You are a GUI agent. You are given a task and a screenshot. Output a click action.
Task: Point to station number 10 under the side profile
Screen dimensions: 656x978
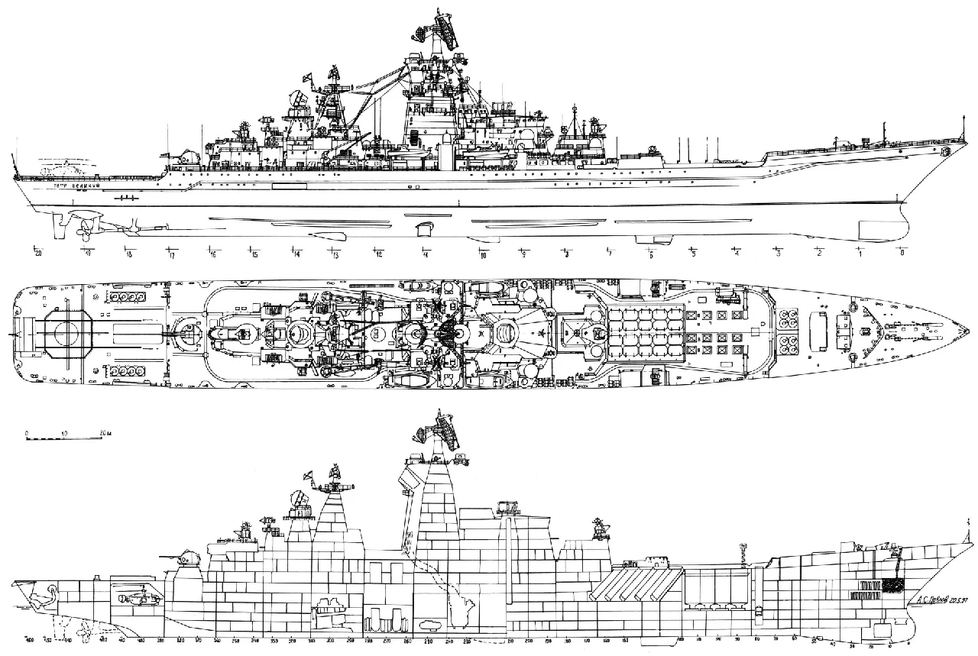click(x=482, y=254)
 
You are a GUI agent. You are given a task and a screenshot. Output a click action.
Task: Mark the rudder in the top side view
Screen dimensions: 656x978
click(x=55, y=221)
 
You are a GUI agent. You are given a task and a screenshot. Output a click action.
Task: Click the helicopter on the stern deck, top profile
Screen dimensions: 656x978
click(x=57, y=166)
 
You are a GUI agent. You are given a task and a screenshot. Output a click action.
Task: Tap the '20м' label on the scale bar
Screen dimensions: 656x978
click(x=106, y=433)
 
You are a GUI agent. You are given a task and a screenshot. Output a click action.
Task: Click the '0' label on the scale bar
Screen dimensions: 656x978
click(x=27, y=433)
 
